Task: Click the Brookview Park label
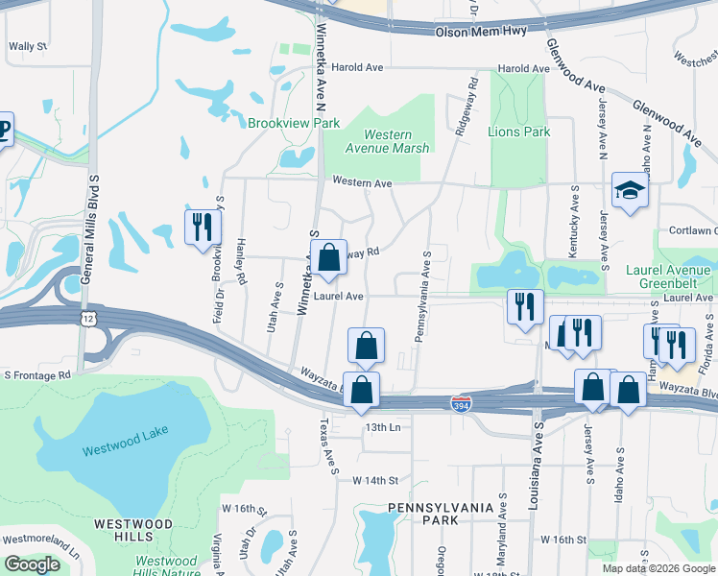click(x=294, y=124)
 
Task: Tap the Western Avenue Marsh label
click(x=389, y=142)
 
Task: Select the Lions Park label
click(x=518, y=132)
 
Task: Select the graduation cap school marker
click(x=631, y=193)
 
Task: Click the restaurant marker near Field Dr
click(x=203, y=228)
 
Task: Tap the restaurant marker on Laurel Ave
click(x=524, y=307)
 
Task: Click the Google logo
click(x=33, y=564)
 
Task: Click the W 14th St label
click(x=375, y=478)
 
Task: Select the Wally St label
click(x=28, y=46)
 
